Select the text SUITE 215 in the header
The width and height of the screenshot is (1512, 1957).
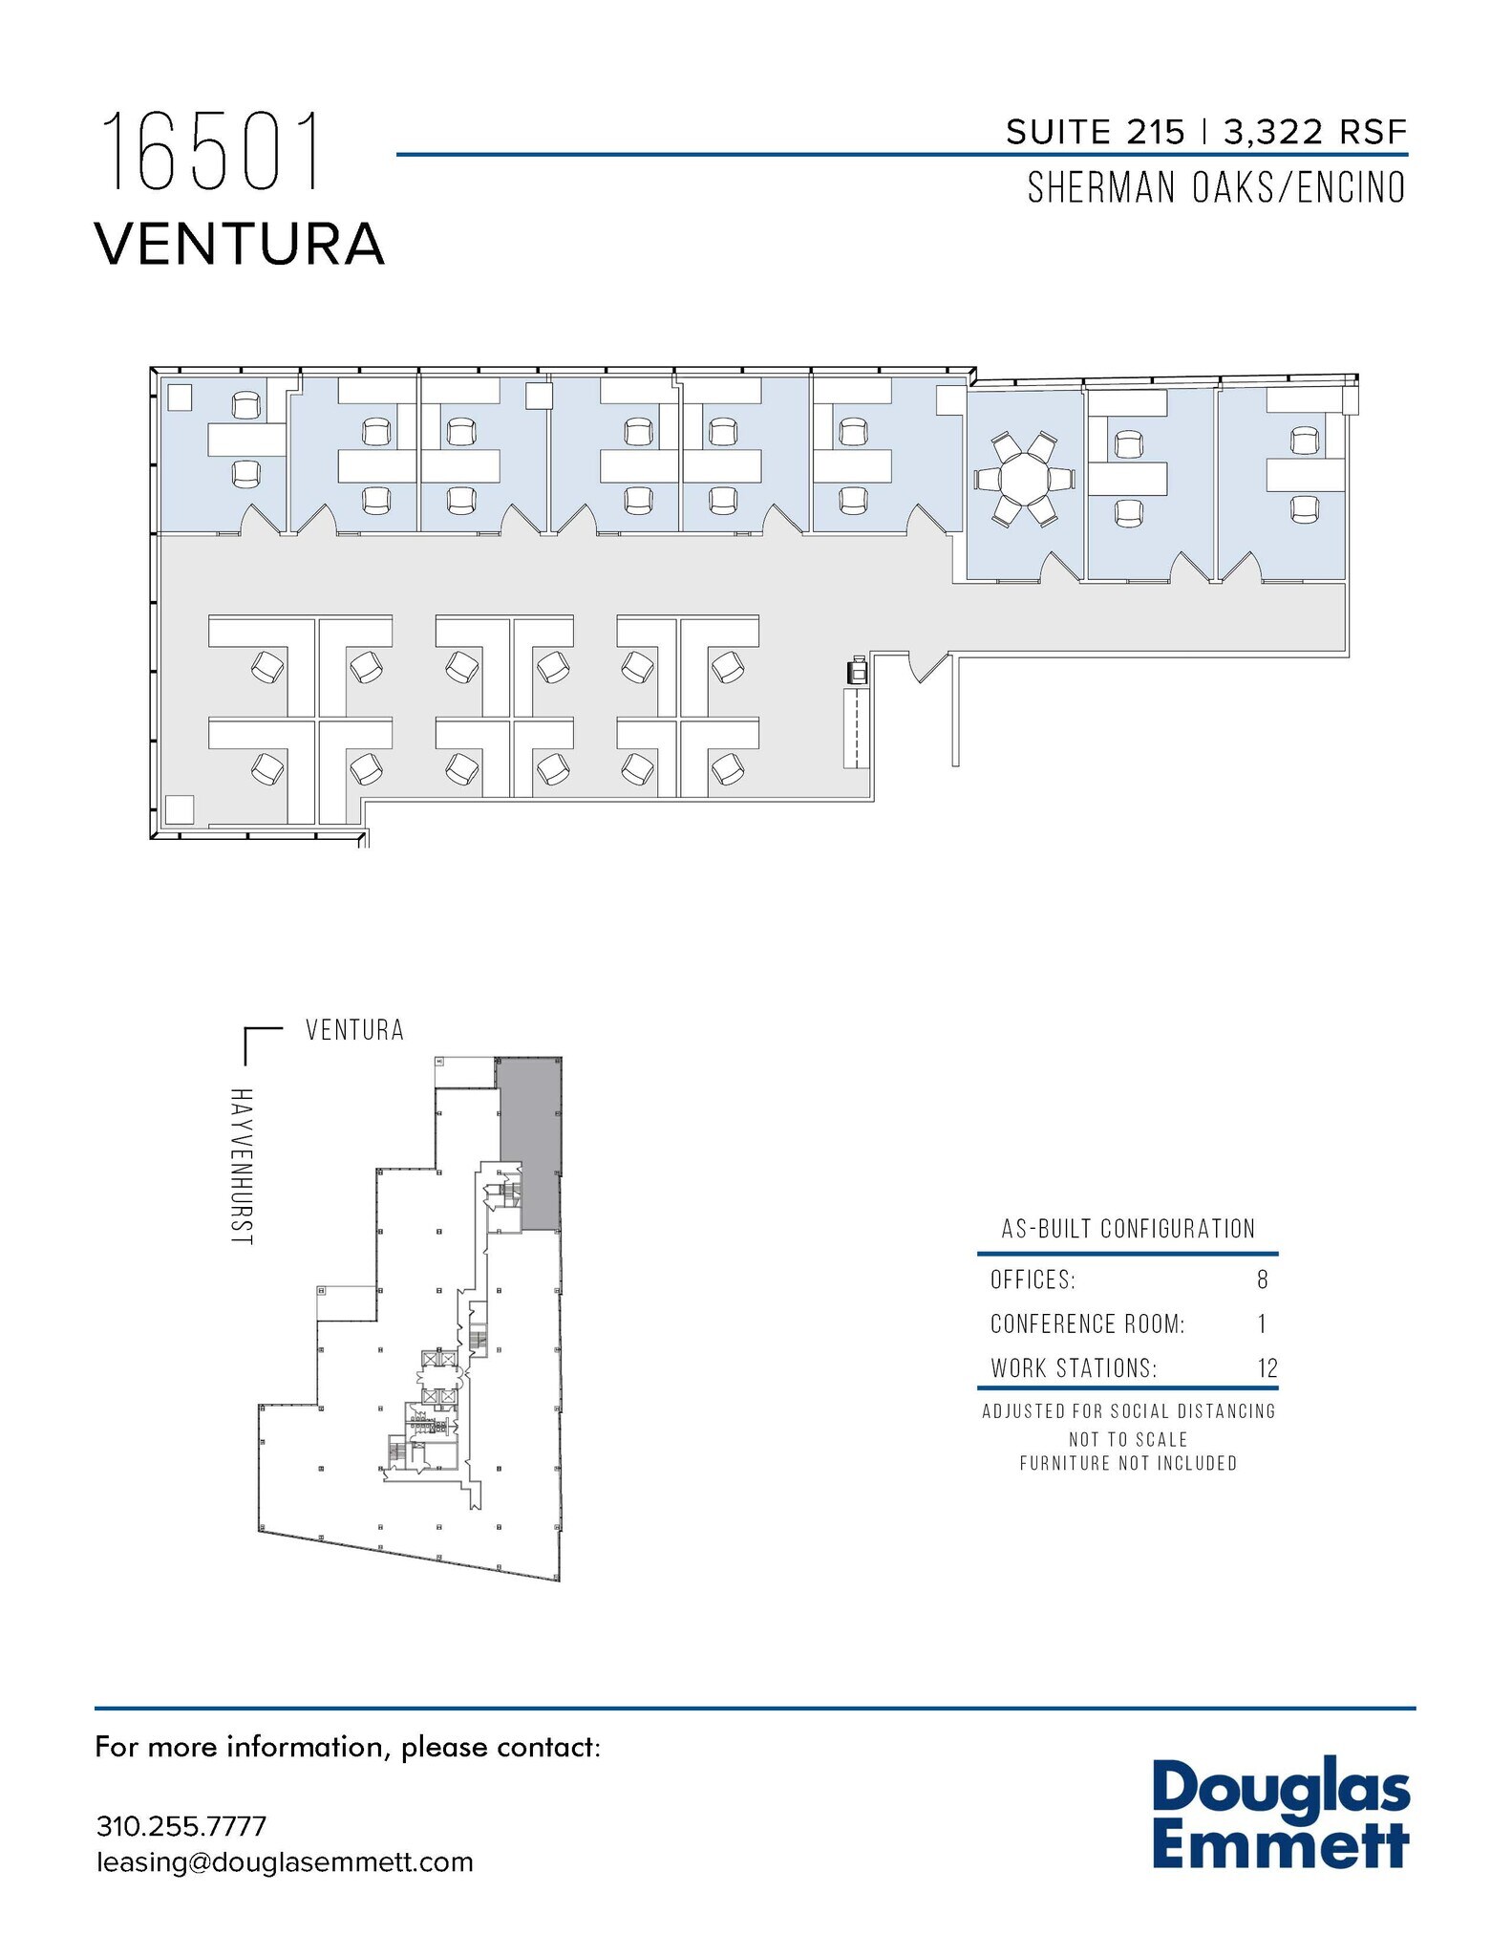coord(1095,133)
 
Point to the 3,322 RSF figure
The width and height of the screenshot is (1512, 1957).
coord(1315,133)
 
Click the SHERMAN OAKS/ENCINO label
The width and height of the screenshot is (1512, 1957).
coord(1216,188)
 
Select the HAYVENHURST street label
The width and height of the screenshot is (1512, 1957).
coord(242,1166)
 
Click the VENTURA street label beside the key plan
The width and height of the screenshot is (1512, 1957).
coord(354,1030)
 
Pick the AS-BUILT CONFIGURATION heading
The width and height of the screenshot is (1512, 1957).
coord(1128,1229)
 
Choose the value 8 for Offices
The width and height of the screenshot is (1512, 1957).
coord(1263,1280)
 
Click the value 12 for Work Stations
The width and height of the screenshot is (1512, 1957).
coord(1267,1368)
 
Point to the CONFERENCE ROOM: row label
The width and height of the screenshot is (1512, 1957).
coord(1087,1324)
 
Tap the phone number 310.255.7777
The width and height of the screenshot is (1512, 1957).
coord(181,1826)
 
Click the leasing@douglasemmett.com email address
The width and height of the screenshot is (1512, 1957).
coord(285,1862)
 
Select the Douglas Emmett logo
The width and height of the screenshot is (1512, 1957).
coord(1280,1816)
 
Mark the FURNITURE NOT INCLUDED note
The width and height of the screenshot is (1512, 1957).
coord(1128,1463)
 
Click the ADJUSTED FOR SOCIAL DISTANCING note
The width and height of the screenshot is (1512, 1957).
coord(1128,1411)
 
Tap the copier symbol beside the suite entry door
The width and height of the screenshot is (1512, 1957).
coord(856,671)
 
